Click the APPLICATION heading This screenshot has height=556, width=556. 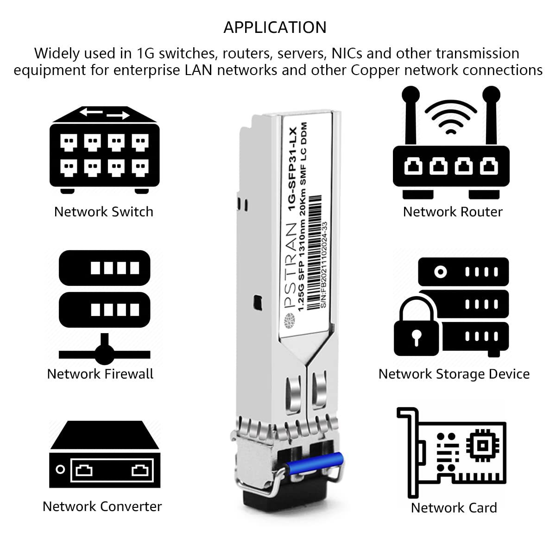275,27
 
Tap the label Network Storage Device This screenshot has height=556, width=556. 454,374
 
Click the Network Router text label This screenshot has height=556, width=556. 453,212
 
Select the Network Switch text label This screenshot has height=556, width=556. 103,212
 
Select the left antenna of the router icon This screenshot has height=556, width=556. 411,116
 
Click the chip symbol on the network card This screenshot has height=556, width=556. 482,445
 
